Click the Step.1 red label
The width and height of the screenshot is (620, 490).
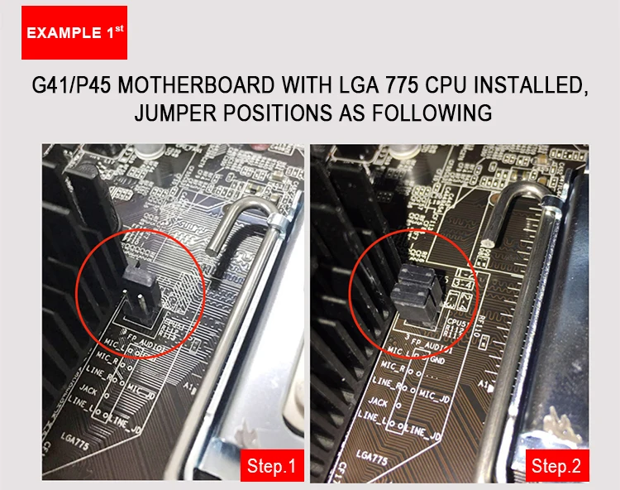tap(270, 466)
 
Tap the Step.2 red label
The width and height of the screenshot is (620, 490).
tap(556, 466)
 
